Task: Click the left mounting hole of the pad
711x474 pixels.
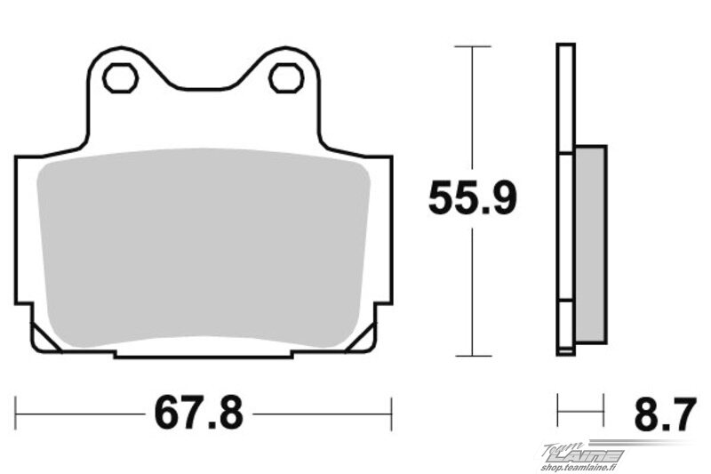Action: pos(121,78)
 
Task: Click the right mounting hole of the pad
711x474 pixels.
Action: pos(285,78)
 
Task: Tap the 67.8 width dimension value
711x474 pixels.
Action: pos(199,413)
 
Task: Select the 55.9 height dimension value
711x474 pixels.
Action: pos(473,197)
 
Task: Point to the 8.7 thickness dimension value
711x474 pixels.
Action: pos(665,414)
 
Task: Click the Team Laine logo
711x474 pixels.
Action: pos(585,453)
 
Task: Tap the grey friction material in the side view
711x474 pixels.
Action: pos(590,245)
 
